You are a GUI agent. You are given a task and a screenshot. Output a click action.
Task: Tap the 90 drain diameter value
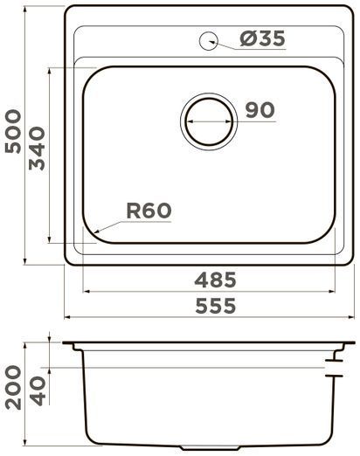(260, 110)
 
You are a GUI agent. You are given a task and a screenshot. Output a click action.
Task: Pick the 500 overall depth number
(13, 132)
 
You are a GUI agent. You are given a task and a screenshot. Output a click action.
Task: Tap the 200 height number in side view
(13, 387)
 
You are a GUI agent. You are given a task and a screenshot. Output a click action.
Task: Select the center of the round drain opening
(208, 119)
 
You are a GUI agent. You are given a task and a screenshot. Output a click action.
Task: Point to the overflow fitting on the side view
(332, 367)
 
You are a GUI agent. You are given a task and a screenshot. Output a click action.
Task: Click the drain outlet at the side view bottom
(209, 447)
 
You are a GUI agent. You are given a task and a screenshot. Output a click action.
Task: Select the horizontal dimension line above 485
(210, 293)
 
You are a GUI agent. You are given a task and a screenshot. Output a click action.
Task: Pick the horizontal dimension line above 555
(210, 317)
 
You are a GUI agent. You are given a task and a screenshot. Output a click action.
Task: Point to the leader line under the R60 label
(140, 222)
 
